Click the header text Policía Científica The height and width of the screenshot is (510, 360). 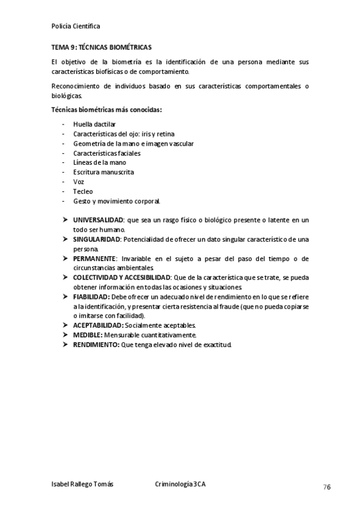pyautogui.click(x=76, y=26)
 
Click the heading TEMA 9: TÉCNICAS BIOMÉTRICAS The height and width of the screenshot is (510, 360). pyautogui.click(x=102, y=47)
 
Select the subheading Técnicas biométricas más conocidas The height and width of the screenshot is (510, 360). pyautogui.click(x=107, y=109)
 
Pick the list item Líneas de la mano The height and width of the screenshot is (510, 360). pyautogui.click(x=100, y=162)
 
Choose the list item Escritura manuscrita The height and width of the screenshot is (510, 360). pyautogui.click(x=104, y=172)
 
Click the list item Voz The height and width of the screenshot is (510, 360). pyautogui.click(x=79, y=182)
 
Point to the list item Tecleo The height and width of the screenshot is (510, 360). pyautogui.click(x=83, y=191)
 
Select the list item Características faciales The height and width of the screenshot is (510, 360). pyautogui.click(x=107, y=153)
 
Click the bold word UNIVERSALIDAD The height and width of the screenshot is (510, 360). pyautogui.click(x=98, y=220)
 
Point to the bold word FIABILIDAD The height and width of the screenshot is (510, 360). pyautogui.click(x=91, y=296)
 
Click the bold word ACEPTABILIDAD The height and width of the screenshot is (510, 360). pyautogui.click(x=97, y=325)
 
